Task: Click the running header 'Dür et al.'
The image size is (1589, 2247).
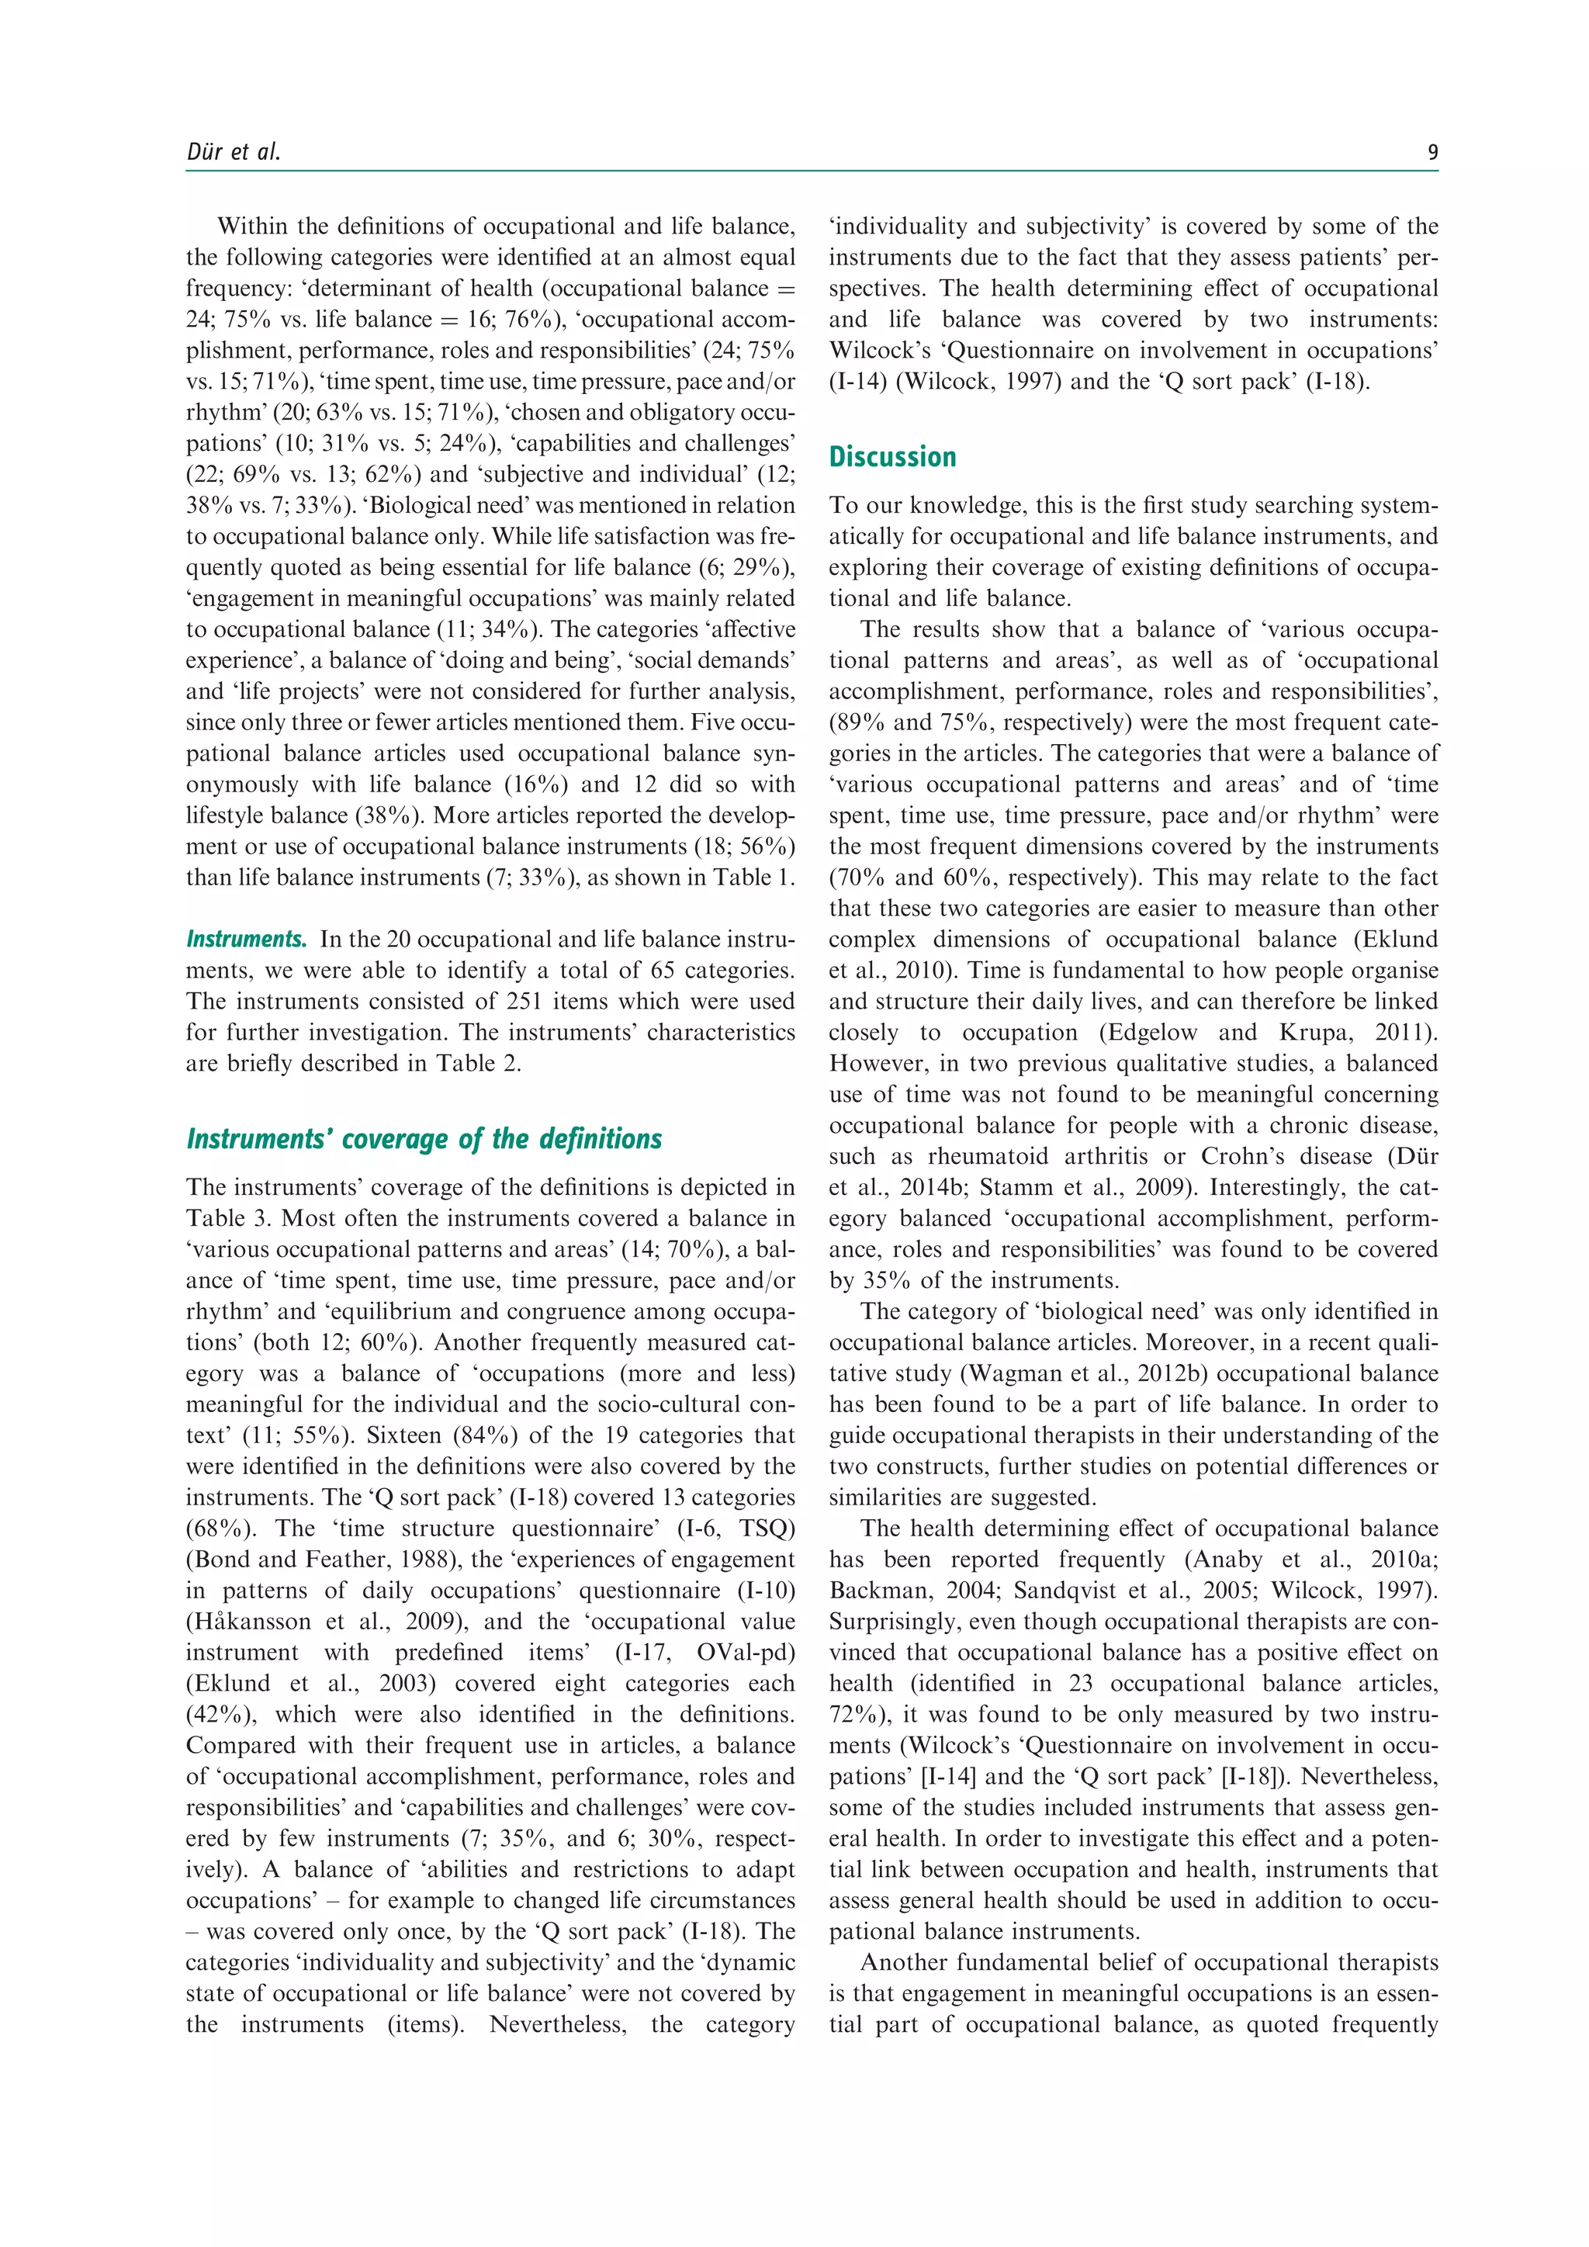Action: tap(233, 152)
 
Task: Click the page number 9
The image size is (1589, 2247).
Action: tap(1432, 152)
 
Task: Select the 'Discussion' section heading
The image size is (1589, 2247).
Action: tap(891, 457)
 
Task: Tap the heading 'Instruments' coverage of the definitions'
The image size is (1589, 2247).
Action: tap(424, 1139)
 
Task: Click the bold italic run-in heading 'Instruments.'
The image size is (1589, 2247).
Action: tap(247, 940)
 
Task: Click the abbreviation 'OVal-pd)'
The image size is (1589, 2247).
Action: tap(746, 1652)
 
